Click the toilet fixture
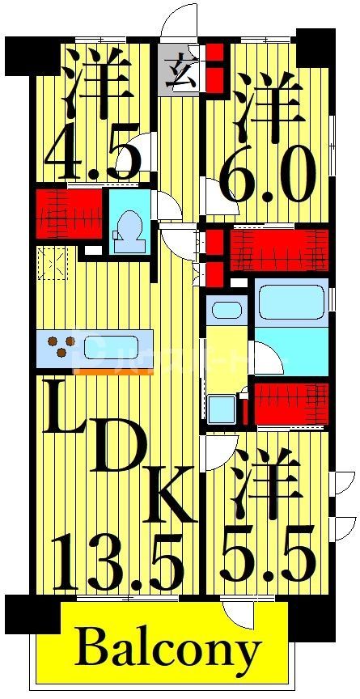pos(129,230)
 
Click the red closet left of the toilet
pos(70,214)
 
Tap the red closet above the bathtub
pos(279,251)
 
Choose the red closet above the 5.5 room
pos(291,402)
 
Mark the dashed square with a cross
pos(53,264)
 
